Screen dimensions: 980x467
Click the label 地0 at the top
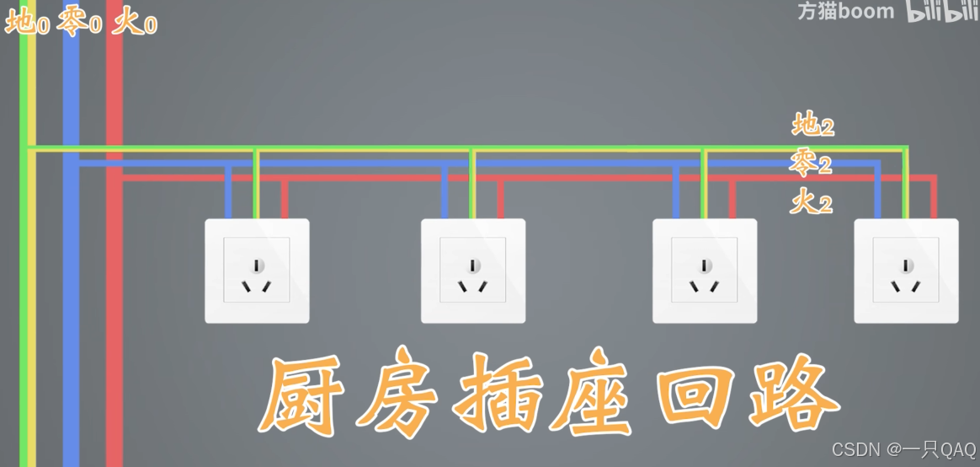pyautogui.click(x=27, y=23)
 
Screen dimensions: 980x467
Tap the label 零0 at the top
pyautogui.click(x=80, y=23)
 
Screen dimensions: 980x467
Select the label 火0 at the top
pyautogui.click(x=135, y=23)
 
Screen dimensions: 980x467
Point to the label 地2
pyautogui.click(x=813, y=126)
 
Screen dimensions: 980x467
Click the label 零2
pyautogui.click(x=811, y=164)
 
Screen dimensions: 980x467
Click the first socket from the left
pyautogui.click(x=257, y=271)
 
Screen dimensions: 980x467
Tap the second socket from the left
pyautogui.click(x=473, y=271)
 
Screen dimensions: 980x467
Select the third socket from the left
pyautogui.click(x=705, y=271)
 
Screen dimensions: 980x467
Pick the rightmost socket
pyautogui.click(x=906, y=271)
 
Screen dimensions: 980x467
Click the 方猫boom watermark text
pyautogui.click(x=845, y=12)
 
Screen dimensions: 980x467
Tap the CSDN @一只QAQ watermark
pyautogui.click(x=903, y=449)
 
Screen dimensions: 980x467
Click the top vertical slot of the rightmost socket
pyautogui.click(x=906, y=266)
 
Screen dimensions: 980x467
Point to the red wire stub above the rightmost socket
pyautogui.click(x=934, y=198)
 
